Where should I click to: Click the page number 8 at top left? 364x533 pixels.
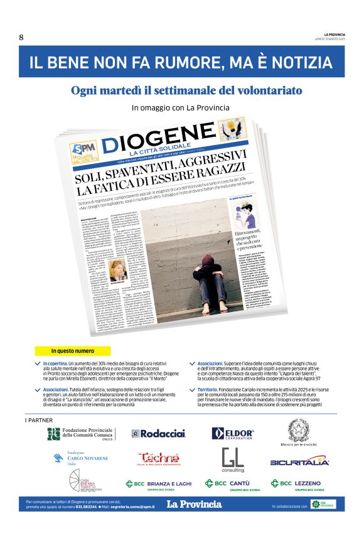(21, 37)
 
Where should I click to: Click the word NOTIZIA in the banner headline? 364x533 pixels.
(298, 63)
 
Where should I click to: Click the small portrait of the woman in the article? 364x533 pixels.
(117, 271)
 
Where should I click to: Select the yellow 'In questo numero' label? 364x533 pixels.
(73, 351)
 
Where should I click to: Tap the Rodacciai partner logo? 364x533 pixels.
(159, 433)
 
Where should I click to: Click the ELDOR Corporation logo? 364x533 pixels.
(233, 433)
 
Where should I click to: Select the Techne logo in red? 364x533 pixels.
(159, 459)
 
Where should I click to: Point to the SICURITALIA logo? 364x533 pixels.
(299, 462)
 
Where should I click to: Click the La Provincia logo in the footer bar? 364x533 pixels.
(194, 503)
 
